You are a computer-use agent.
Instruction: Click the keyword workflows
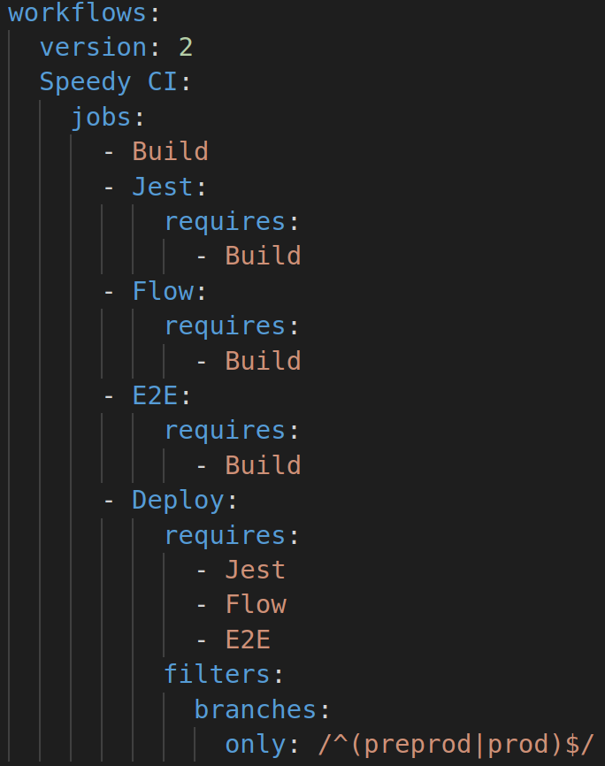click(78, 13)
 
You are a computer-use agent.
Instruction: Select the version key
click(93, 47)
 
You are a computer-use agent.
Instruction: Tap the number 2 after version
click(185, 47)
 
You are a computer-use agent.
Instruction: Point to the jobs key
click(101, 117)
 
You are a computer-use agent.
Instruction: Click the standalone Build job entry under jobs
click(170, 151)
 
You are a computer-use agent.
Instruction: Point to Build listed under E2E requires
click(263, 465)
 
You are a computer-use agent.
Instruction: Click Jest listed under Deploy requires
click(255, 570)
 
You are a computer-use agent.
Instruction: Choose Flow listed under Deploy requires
click(255, 605)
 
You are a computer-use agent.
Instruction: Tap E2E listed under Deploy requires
click(248, 640)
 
